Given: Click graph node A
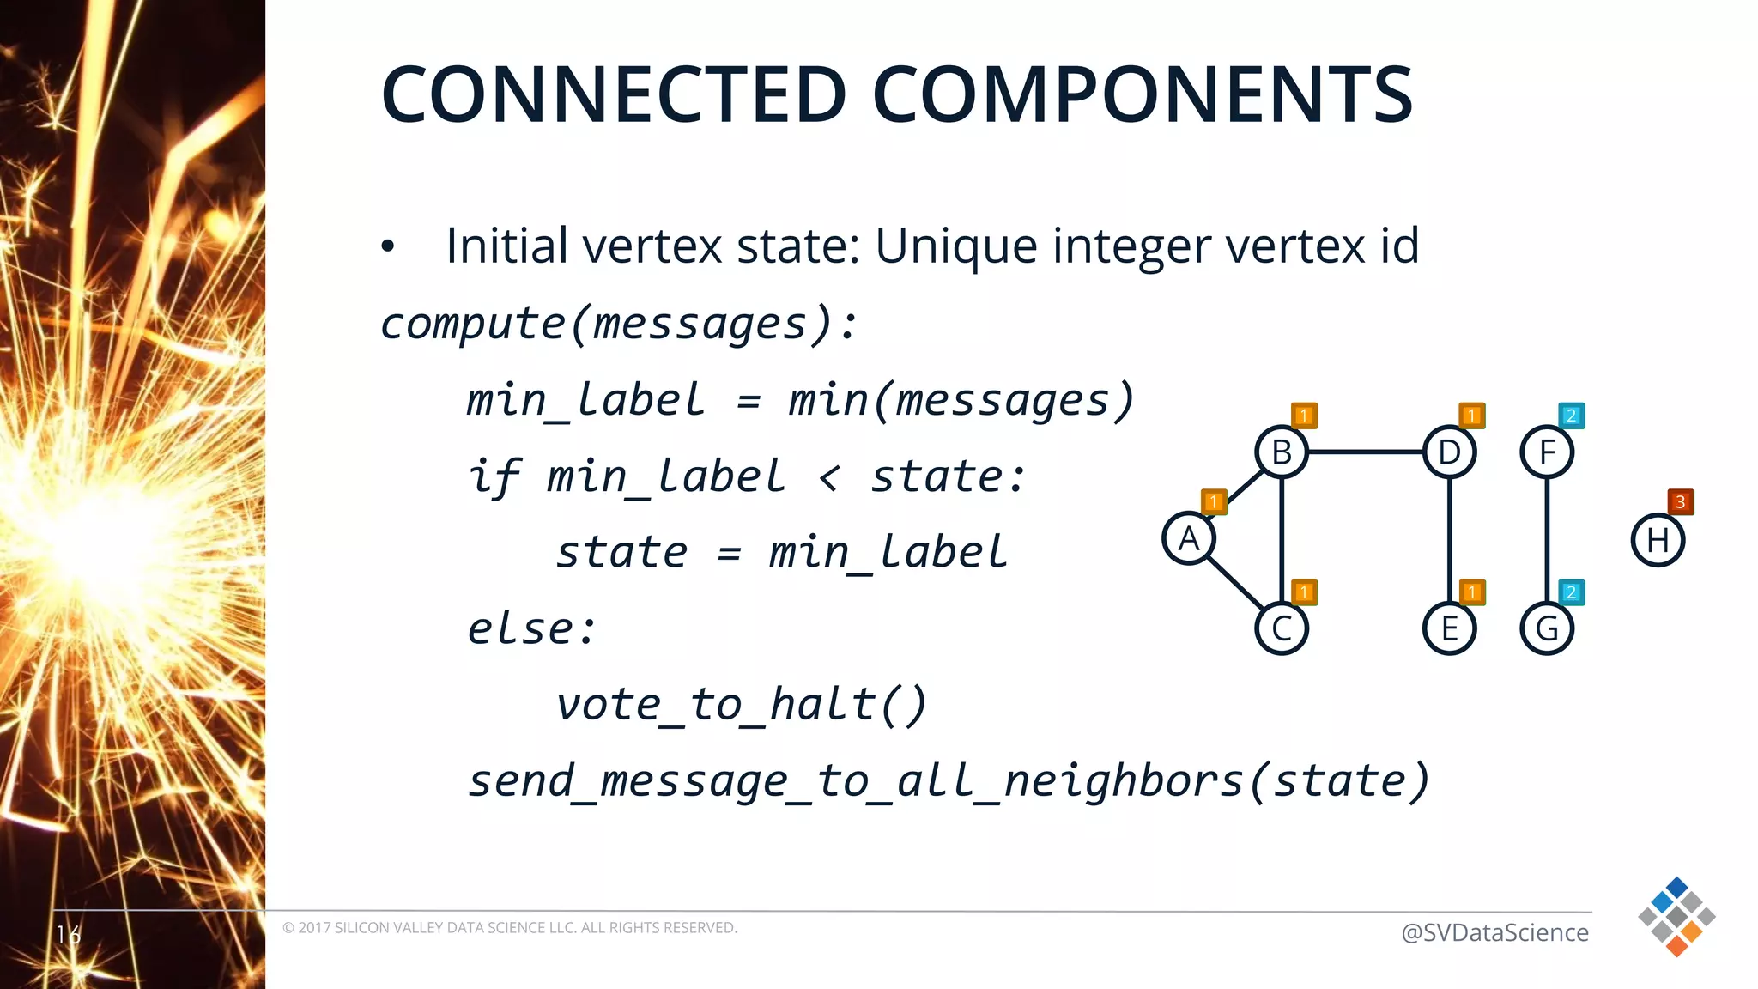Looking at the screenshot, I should (x=1189, y=538).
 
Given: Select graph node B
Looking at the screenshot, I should (x=1282, y=452).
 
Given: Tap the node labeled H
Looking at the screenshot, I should (x=1658, y=540).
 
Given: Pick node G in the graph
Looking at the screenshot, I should (x=1547, y=628).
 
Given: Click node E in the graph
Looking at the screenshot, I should (x=1450, y=628).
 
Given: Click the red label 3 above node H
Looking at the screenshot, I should (x=1680, y=501).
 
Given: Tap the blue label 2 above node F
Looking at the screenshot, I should (x=1571, y=416).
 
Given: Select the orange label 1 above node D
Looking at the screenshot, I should (x=1471, y=416).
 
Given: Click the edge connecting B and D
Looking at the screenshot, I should (x=1365, y=452).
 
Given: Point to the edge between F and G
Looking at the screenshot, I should (x=1547, y=539).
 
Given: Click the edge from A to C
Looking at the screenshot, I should (x=1234, y=584).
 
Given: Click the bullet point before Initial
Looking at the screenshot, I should (x=388, y=247).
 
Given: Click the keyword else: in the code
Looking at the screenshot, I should (x=531, y=628).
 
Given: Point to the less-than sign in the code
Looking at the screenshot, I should (x=828, y=477).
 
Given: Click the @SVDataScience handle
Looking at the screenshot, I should (x=1494, y=932).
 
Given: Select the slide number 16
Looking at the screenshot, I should (x=69, y=934).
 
